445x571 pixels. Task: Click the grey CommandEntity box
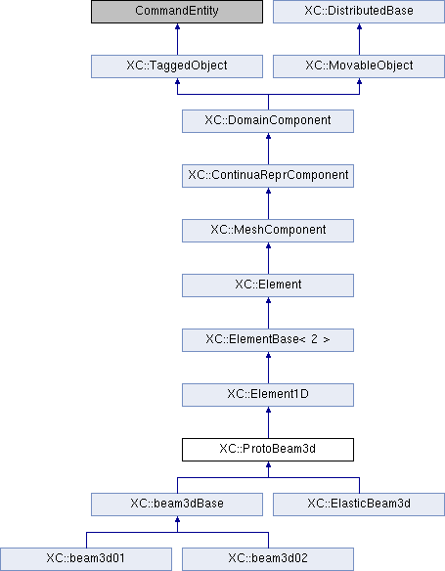click(177, 12)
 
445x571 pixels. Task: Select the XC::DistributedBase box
click(359, 12)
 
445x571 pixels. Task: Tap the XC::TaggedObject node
click(177, 66)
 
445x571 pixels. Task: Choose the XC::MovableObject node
click(359, 66)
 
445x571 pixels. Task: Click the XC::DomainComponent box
click(268, 121)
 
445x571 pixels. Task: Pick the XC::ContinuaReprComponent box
click(268, 176)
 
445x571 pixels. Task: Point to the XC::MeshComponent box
click(268, 231)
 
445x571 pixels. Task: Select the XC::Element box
click(268, 285)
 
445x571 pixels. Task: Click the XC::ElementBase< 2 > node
click(268, 340)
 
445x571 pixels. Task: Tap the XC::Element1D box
click(268, 395)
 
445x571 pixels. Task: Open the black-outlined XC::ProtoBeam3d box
click(268, 450)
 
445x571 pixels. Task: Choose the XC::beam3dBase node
click(177, 505)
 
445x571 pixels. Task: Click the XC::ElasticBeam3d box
click(359, 505)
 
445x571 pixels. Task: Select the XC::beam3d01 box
click(86, 559)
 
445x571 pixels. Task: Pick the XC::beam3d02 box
click(268, 559)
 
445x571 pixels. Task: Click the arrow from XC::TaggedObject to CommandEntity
click(177, 39)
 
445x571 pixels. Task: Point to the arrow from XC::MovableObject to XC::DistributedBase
click(360, 39)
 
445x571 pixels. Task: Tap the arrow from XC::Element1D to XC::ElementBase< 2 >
click(268, 368)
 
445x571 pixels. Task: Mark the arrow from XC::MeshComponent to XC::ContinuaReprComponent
click(268, 203)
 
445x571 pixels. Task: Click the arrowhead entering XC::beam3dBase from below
click(177, 519)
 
